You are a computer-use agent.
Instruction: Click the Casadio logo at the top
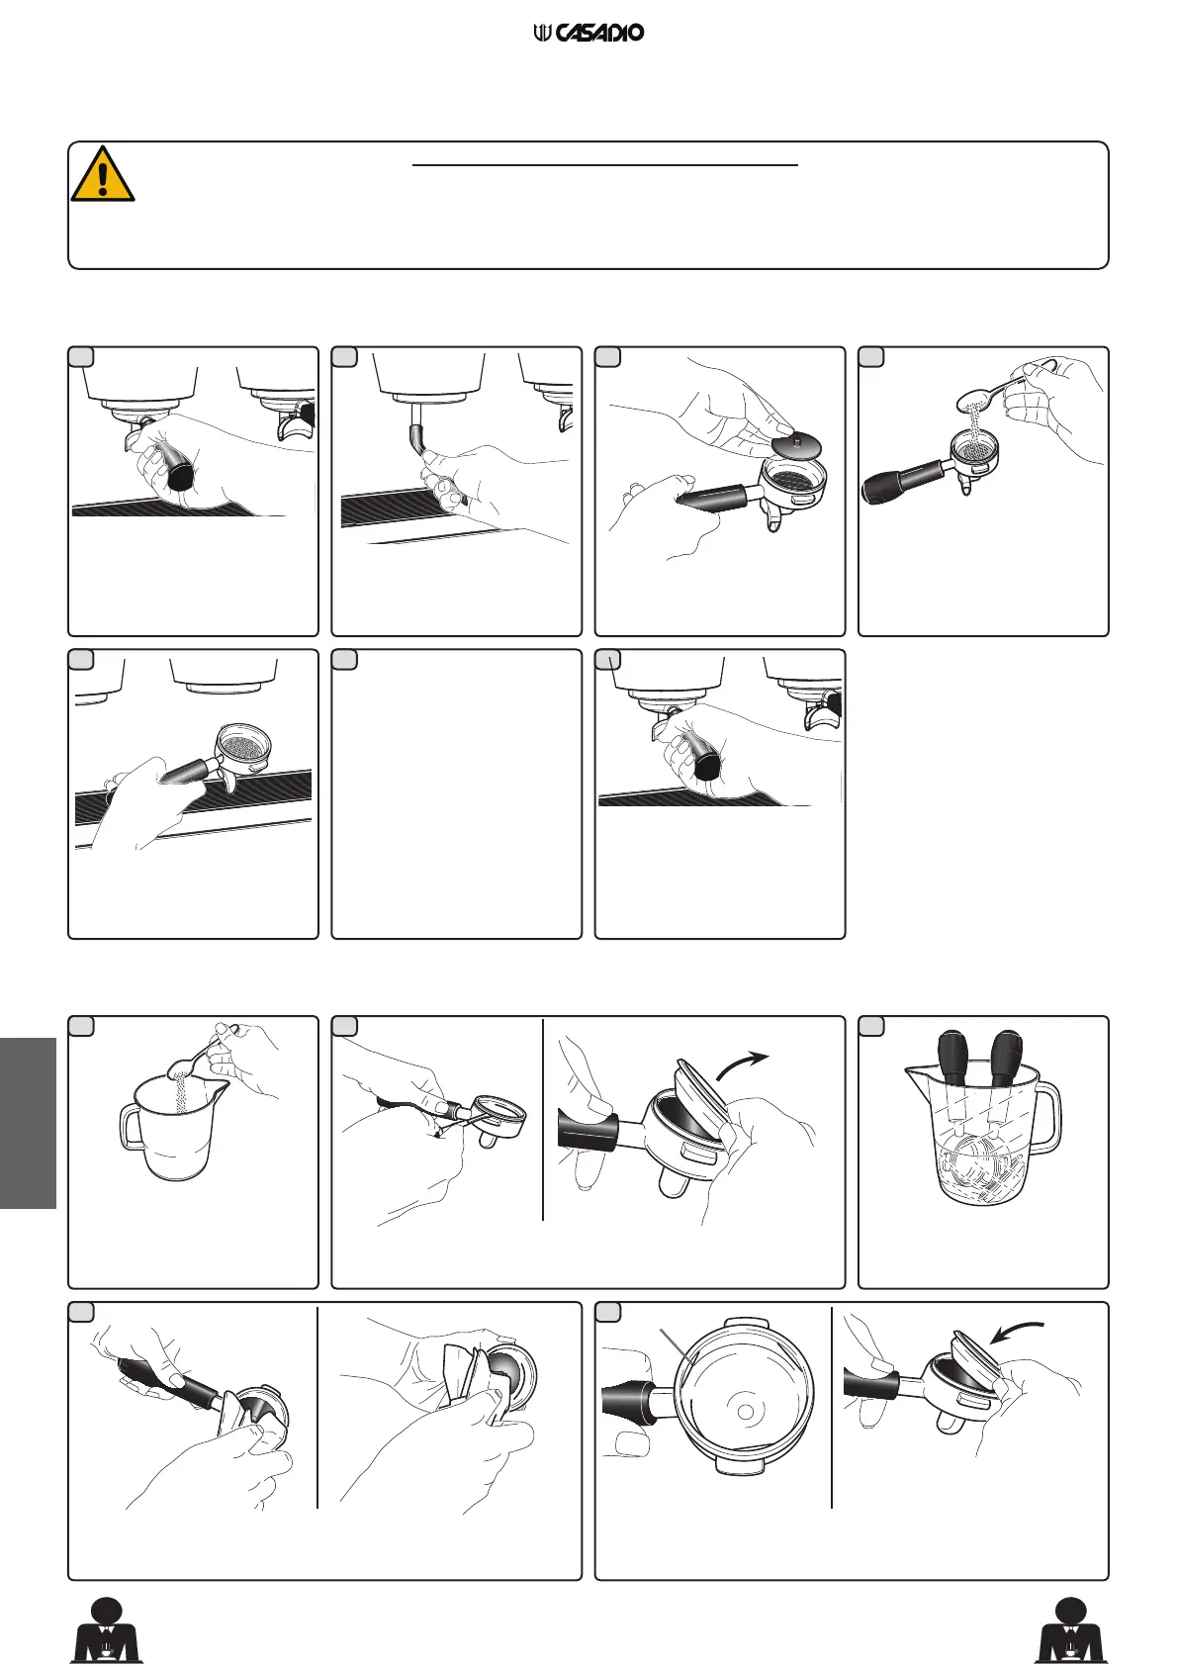588,33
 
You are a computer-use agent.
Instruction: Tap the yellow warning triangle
103,174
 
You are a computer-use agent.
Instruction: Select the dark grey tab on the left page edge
28,1124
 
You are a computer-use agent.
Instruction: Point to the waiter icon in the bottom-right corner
1070,1629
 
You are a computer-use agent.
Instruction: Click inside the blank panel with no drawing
457,794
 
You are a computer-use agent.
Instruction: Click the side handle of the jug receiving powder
131,1128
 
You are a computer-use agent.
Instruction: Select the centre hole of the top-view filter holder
744,1411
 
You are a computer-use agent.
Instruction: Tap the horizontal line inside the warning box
604,165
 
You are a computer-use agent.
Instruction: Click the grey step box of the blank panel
344,660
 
